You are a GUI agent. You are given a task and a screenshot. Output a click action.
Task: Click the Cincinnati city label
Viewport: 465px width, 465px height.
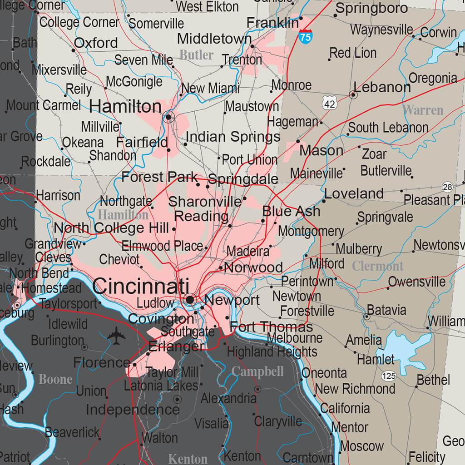tap(141, 287)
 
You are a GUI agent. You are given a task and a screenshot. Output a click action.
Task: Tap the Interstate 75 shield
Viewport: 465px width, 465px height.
tap(306, 37)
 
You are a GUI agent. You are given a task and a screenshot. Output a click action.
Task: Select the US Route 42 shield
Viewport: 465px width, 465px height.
tap(330, 104)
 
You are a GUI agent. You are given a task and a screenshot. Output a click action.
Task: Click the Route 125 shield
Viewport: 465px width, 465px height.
tap(389, 376)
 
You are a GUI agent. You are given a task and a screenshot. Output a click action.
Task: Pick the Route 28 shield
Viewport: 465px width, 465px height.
tap(448, 187)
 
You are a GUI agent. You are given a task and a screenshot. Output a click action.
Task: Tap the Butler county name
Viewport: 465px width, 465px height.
tap(196, 55)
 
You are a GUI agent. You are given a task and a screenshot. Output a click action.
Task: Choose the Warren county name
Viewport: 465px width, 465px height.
tap(423, 110)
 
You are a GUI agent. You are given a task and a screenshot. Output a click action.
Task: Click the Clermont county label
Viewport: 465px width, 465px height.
tap(378, 266)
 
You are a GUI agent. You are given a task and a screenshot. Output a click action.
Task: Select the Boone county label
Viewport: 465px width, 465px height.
tap(55, 379)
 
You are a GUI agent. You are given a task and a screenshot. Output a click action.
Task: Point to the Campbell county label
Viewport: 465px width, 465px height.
tap(257, 372)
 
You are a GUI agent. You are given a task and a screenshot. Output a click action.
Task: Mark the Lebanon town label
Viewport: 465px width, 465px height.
tap(382, 87)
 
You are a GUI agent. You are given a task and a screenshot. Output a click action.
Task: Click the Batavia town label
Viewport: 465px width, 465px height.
tap(386, 311)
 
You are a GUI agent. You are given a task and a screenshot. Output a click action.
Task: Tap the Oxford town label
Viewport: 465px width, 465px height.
tap(96, 43)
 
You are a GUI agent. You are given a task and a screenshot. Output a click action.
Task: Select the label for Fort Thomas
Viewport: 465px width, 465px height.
tap(271, 326)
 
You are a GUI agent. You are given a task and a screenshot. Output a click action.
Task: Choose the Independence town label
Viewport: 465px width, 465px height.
tap(133, 410)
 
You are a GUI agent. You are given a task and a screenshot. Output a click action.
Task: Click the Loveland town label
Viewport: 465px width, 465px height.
tap(354, 193)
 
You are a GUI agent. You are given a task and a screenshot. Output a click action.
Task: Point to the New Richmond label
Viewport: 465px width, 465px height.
tap(355, 389)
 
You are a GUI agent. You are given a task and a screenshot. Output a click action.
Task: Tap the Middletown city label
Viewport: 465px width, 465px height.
tap(214, 39)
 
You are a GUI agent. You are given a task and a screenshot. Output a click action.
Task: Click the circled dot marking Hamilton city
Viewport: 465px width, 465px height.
tap(169, 117)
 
